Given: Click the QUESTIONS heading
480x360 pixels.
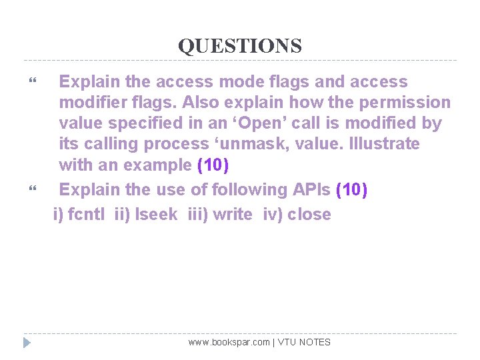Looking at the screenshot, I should [239, 46].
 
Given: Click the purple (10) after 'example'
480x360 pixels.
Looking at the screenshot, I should [213, 165].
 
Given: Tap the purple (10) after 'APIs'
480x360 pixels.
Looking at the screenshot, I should [352, 189].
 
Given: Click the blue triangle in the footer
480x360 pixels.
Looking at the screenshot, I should [27, 343].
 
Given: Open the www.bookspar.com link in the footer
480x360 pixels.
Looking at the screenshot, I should [229, 342].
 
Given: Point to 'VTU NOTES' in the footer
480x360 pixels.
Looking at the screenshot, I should [304, 342].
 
